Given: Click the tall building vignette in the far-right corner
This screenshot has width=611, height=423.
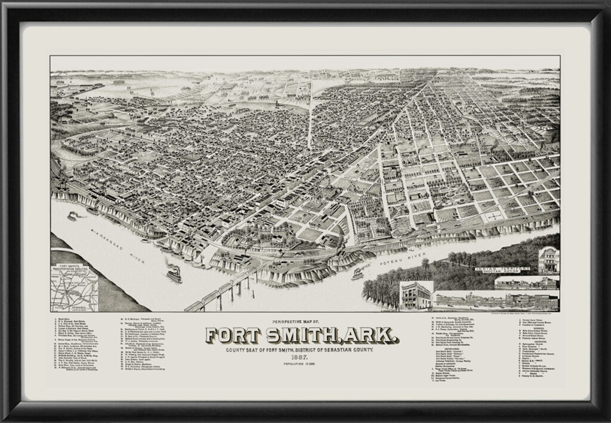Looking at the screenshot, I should (548, 260).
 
